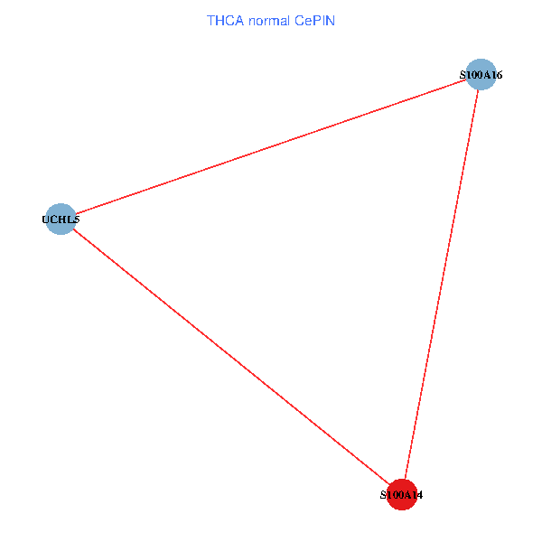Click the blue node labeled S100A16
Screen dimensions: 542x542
pos(481,74)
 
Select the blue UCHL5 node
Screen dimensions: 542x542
pos(60,219)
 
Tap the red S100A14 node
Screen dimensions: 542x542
pos(401,495)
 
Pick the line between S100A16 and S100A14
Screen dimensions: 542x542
pos(441,285)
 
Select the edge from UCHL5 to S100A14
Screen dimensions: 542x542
pos(230,357)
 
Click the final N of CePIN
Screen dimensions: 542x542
pos(331,20)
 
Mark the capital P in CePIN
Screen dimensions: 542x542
pos(317,20)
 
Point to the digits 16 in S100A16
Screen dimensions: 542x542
pos(496,75)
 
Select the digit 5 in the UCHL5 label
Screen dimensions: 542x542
pos(76,220)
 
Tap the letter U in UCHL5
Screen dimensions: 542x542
pos(46,220)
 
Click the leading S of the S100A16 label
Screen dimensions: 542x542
pos(463,75)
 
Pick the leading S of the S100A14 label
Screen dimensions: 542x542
pos(383,496)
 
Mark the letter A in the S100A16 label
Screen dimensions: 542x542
pos(486,75)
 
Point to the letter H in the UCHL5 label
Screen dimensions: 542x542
pos(61,220)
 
